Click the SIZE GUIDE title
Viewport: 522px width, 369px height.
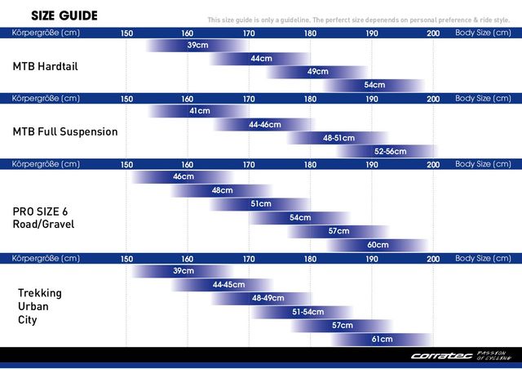[x=64, y=16]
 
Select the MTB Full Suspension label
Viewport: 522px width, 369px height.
[x=65, y=131]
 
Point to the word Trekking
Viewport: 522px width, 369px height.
[x=40, y=292]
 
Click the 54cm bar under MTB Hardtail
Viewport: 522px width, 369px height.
[x=374, y=85]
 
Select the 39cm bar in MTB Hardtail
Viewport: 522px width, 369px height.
[x=197, y=45]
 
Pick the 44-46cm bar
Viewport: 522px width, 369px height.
[x=264, y=125]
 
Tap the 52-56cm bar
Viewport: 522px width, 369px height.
[x=390, y=151]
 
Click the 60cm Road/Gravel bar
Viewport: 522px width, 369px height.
[x=378, y=245]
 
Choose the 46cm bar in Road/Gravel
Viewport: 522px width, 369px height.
[x=184, y=176]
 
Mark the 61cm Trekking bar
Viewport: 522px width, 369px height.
[x=382, y=339]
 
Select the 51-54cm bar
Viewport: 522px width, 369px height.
[x=308, y=312]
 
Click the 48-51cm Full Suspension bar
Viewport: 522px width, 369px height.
[x=338, y=138]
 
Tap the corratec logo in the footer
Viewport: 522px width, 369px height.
[x=461, y=356]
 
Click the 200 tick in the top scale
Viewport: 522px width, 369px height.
[x=433, y=33]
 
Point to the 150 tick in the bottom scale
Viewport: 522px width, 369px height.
[x=126, y=258]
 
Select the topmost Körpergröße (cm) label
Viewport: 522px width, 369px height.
[x=46, y=33]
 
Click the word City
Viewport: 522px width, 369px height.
[x=28, y=320]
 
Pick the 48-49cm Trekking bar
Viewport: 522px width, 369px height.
[x=268, y=298]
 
